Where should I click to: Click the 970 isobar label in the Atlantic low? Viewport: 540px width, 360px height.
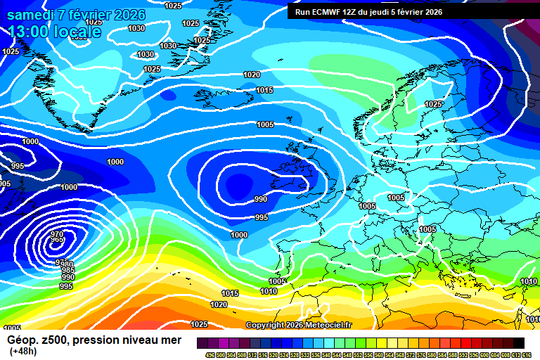(58, 234)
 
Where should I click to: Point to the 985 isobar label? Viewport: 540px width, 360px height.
(68, 270)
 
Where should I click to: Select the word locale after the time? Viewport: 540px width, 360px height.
(77, 32)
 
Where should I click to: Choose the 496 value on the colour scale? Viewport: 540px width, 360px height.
(210, 354)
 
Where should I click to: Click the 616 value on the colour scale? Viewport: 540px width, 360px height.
(527, 354)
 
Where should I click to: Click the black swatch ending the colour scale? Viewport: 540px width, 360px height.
(518, 342)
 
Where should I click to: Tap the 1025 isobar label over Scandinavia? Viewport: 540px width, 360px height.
(433, 104)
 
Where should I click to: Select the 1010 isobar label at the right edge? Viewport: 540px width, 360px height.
(529, 281)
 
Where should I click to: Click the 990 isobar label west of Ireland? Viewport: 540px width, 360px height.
(261, 199)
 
